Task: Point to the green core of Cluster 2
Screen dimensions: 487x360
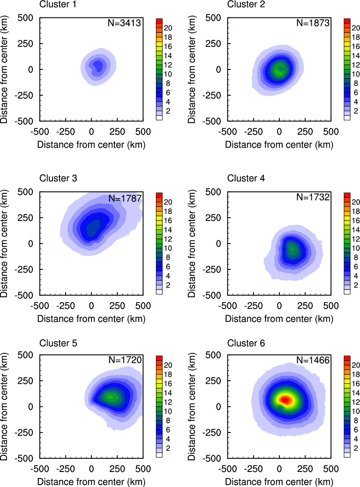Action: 280,68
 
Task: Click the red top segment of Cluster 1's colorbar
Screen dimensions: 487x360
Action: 159,21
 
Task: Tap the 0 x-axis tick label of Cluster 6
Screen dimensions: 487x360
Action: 279,469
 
